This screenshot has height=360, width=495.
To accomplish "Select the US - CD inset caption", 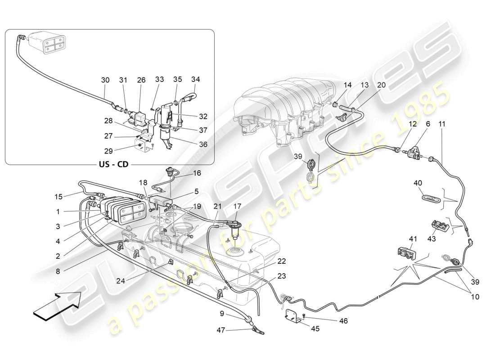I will [x=113, y=164].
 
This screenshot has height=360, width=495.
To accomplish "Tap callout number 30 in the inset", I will [x=105, y=80].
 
